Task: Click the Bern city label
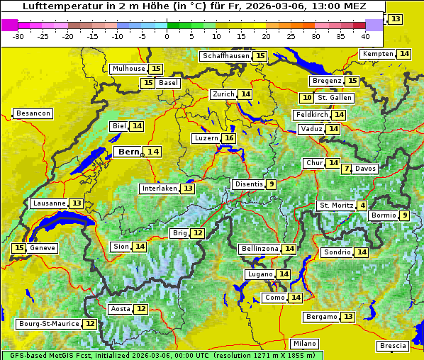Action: (129, 152)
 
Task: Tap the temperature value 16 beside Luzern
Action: (228, 138)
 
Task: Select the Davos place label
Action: (366, 169)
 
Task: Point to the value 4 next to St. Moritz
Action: (362, 206)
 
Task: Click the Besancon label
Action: (33, 113)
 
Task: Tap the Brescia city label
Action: (394, 346)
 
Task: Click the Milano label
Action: (306, 343)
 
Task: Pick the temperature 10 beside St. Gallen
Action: (307, 98)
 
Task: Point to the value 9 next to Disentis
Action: (272, 184)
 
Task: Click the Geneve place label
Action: (43, 248)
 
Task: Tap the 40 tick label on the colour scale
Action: (365, 36)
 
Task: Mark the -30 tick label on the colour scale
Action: (18, 36)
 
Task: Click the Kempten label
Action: (377, 54)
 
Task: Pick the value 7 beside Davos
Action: (346, 169)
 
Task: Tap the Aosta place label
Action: (121, 309)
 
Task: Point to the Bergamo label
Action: (321, 317)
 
